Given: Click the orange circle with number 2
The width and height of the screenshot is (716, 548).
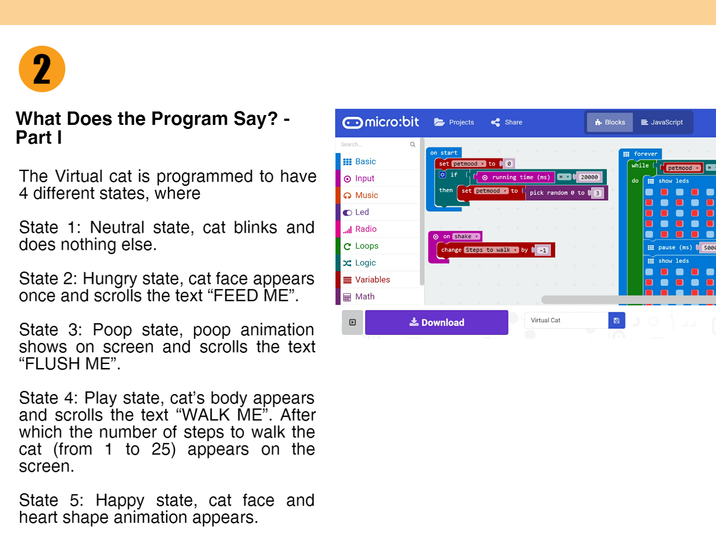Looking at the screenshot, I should [42, 69].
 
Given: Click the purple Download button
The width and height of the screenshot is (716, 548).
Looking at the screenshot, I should [436, 322].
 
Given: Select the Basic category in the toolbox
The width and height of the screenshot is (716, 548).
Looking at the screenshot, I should [365, 162].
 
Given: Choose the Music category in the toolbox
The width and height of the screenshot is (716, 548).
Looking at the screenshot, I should [366, 195].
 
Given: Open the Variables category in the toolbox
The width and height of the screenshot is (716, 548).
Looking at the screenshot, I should [372, 280].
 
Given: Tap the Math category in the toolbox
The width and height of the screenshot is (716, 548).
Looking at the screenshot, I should [364, 296].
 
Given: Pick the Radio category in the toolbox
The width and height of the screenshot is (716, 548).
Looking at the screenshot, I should [366, 229].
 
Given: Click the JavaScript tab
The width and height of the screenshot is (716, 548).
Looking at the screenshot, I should [662, 122].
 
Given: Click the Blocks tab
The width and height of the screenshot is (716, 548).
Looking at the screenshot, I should [610, 122].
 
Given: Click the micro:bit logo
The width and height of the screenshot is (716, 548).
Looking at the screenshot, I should [381, 122].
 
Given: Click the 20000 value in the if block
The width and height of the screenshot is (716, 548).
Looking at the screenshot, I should [589, 177].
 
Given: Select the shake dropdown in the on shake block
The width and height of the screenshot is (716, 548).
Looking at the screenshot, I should [466, 236].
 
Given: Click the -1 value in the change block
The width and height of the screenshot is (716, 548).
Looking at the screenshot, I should [543, 250].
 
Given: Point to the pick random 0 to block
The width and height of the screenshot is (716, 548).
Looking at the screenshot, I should [556, 193].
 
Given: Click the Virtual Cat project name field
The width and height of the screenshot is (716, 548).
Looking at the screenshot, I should [566, 320].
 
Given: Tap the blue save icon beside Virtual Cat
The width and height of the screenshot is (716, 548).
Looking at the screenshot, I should [616, 320].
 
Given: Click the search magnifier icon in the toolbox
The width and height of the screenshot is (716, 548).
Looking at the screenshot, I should [413, 144].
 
